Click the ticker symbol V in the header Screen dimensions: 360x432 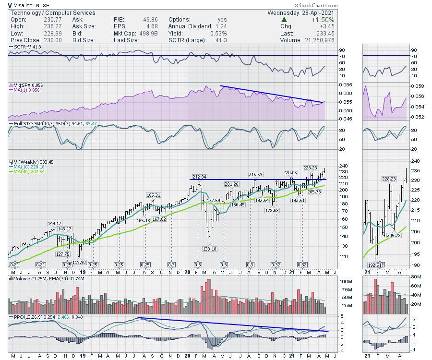point(10,4)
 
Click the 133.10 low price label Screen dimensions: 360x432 point(210,248)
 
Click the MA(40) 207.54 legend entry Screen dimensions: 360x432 point(29,171)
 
